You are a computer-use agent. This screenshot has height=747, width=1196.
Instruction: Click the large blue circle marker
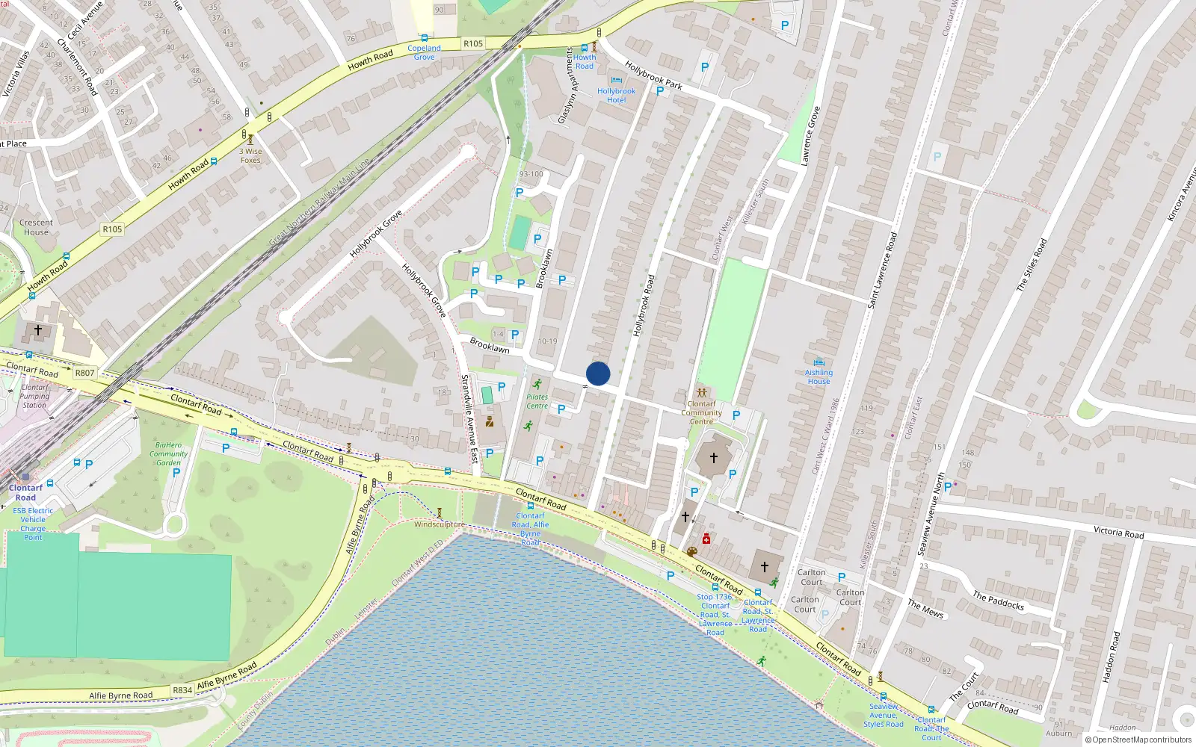pos(598,373)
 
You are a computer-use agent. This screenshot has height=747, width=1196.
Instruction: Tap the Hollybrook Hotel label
pos(616,96)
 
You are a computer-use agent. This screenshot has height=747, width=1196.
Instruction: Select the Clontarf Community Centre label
pos(701,412)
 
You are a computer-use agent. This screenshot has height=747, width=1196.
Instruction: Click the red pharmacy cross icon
pos(706,539)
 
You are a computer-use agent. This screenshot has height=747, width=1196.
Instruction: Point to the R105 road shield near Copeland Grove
pos(473,43)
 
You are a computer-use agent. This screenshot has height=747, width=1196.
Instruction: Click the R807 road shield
pos(85,373)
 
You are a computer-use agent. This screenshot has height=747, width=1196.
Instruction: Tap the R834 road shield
pos(182,690)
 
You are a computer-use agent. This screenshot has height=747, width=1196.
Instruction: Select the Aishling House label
pos(819,376)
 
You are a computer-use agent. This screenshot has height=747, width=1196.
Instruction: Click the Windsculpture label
pos(440,524)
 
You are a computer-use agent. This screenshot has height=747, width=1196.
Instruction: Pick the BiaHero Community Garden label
pos(168,453)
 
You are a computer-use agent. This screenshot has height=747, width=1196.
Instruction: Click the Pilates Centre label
pos(537,402)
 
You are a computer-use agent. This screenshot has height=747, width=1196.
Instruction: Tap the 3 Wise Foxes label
pos(250,155)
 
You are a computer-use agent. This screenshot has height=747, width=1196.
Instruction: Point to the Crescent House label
pos(36,227)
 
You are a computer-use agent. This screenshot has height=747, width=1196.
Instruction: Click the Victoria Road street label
pos(1118,532)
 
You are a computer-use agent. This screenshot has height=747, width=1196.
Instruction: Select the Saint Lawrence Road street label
pos(882,270)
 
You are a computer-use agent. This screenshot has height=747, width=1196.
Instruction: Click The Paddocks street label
pos(998,601)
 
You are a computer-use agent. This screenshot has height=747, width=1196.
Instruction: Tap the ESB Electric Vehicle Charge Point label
pos(33,524)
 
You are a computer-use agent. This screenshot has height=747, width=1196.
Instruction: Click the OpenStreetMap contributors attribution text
pos(1141,740)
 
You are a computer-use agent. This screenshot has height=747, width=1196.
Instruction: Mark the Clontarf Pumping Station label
pos(34,396)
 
